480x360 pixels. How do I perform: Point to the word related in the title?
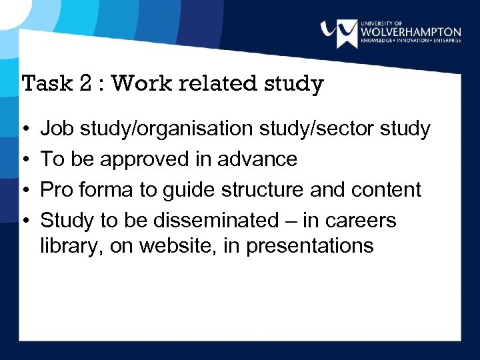point(213,84)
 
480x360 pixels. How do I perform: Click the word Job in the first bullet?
point(57,129)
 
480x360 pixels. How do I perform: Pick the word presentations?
point(310,246)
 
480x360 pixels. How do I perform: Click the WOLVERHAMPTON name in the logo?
point(410,31)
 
